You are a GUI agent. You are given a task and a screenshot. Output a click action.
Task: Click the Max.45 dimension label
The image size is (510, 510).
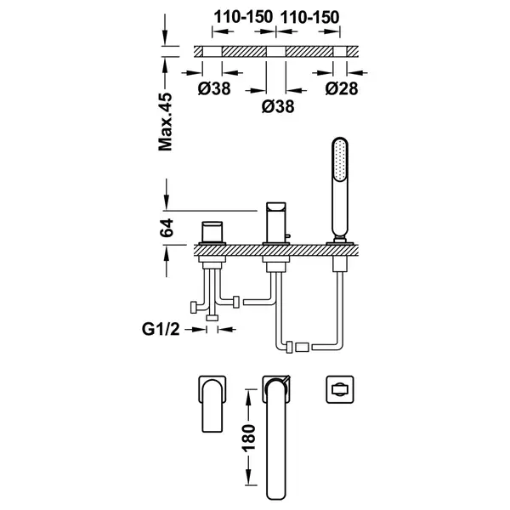click(165, 122)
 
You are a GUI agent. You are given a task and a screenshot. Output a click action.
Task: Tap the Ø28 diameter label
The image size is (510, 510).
click(342, 88)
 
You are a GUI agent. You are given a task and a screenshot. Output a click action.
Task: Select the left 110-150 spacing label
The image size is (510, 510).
click(243, 17)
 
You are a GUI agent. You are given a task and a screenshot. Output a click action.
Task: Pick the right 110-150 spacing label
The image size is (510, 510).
click(309, 17)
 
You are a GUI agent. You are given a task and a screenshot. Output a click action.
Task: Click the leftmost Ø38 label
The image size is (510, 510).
click(214, 88)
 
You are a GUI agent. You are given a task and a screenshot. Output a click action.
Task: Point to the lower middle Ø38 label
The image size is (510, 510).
click(278, 106)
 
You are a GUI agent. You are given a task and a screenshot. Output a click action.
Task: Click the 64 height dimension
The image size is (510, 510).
click(167, 228)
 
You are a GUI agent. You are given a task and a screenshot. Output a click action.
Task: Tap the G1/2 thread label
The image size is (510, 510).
click(161, 329)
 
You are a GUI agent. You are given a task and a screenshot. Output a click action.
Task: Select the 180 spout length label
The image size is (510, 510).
click(248, 438)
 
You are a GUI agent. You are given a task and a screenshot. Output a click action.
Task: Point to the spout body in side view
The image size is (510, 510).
click(275, 223)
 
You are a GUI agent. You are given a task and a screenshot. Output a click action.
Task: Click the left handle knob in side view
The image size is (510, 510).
click(212, 232)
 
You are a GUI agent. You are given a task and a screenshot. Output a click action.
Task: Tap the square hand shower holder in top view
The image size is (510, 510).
click(340, 389)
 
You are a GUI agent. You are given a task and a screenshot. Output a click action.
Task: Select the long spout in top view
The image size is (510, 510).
click(276, 439)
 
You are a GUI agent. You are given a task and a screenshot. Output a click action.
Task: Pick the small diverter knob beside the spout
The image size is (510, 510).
click(288, 237)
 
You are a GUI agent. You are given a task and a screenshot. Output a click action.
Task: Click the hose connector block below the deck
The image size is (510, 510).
click(302, 347)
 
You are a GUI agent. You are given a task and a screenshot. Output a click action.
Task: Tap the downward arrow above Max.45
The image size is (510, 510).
click(165, 29)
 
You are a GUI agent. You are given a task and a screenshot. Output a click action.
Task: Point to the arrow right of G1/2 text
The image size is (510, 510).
click(227, 330)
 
